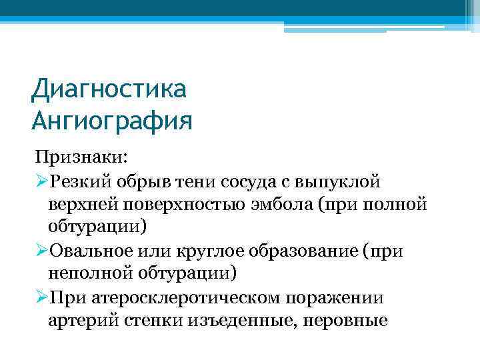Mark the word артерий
83,320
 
